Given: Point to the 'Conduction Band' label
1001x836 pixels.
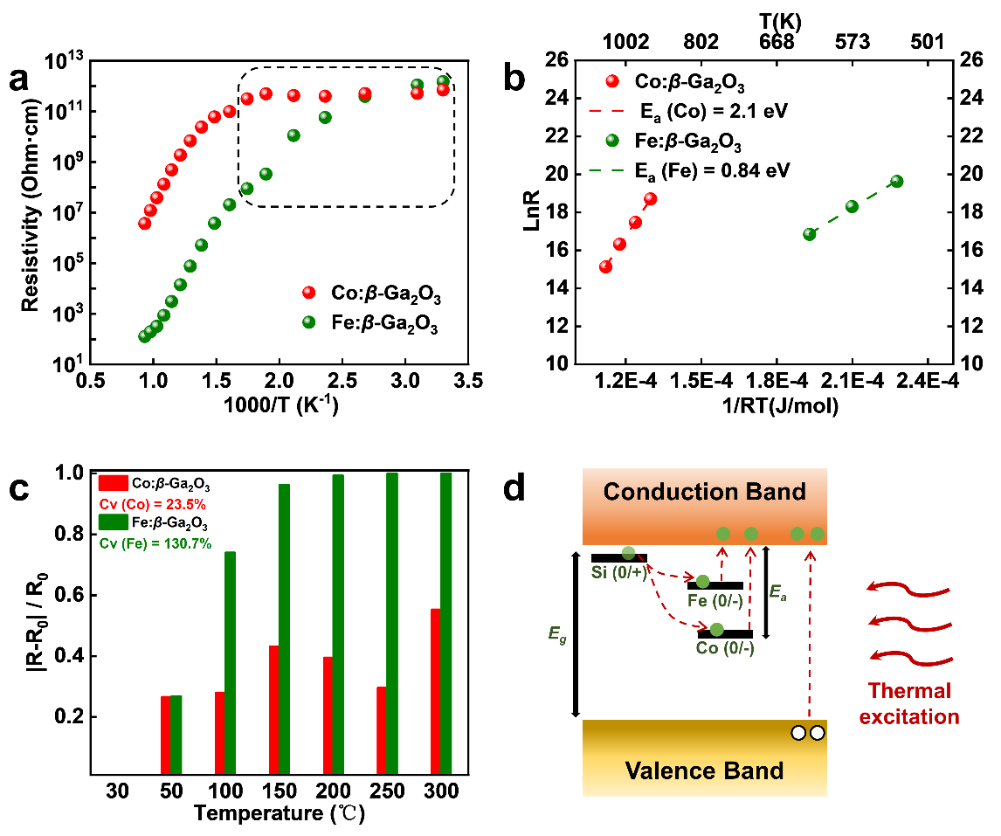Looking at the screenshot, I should pos(704,492).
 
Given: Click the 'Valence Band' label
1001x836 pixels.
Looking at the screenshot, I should pos(704,770).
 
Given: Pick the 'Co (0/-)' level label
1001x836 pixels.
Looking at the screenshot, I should pos(725,649).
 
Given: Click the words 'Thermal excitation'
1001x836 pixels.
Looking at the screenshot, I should pos(909,704).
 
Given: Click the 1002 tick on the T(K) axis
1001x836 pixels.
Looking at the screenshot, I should pos(625,41).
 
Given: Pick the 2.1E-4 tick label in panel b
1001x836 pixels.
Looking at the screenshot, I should pos(853,382).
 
